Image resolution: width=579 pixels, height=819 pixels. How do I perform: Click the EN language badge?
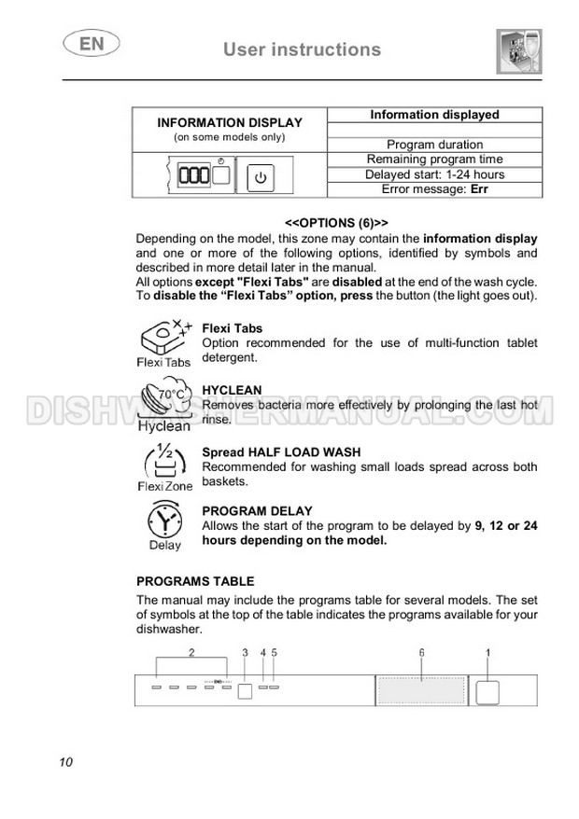tap(85, 44)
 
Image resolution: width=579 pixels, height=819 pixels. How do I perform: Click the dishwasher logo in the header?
tap(518, 50)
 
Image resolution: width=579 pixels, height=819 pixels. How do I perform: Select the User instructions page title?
tap(302, 49)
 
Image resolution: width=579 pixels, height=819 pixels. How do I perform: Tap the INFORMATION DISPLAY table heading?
tap(230, 122)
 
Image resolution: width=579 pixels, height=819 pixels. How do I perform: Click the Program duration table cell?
tap(434, 145)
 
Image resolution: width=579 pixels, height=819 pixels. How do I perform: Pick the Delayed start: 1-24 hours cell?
tap(434, 174)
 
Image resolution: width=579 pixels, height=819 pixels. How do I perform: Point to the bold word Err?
tap(479, 189)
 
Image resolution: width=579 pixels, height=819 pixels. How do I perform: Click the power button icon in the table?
tap(261, 175)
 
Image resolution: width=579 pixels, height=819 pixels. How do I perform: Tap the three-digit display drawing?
tap(195, 175)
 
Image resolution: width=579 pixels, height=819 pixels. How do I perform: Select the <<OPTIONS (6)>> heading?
tap(336, 223)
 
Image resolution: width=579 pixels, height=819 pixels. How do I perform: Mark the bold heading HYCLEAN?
tap(232, 390)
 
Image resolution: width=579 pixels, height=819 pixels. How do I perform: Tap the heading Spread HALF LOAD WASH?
tap(281, 452)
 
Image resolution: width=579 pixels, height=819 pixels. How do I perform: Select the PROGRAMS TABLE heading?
tap(195, 581)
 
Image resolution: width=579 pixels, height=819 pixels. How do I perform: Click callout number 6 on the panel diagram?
tap(421, 653)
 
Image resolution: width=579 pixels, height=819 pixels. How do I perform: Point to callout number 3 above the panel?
tap(246, 653)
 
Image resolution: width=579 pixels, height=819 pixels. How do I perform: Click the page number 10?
tap(65, 762)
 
